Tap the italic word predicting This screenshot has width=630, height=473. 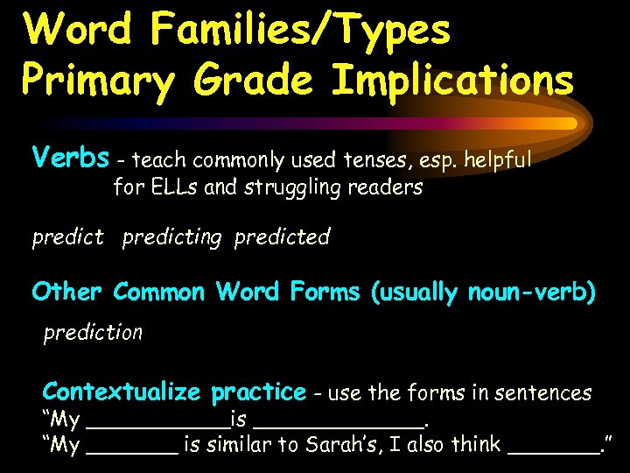(x=171, y=237)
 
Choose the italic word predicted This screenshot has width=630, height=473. (x=282, y=237)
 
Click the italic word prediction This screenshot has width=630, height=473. (x=93, y=333)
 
